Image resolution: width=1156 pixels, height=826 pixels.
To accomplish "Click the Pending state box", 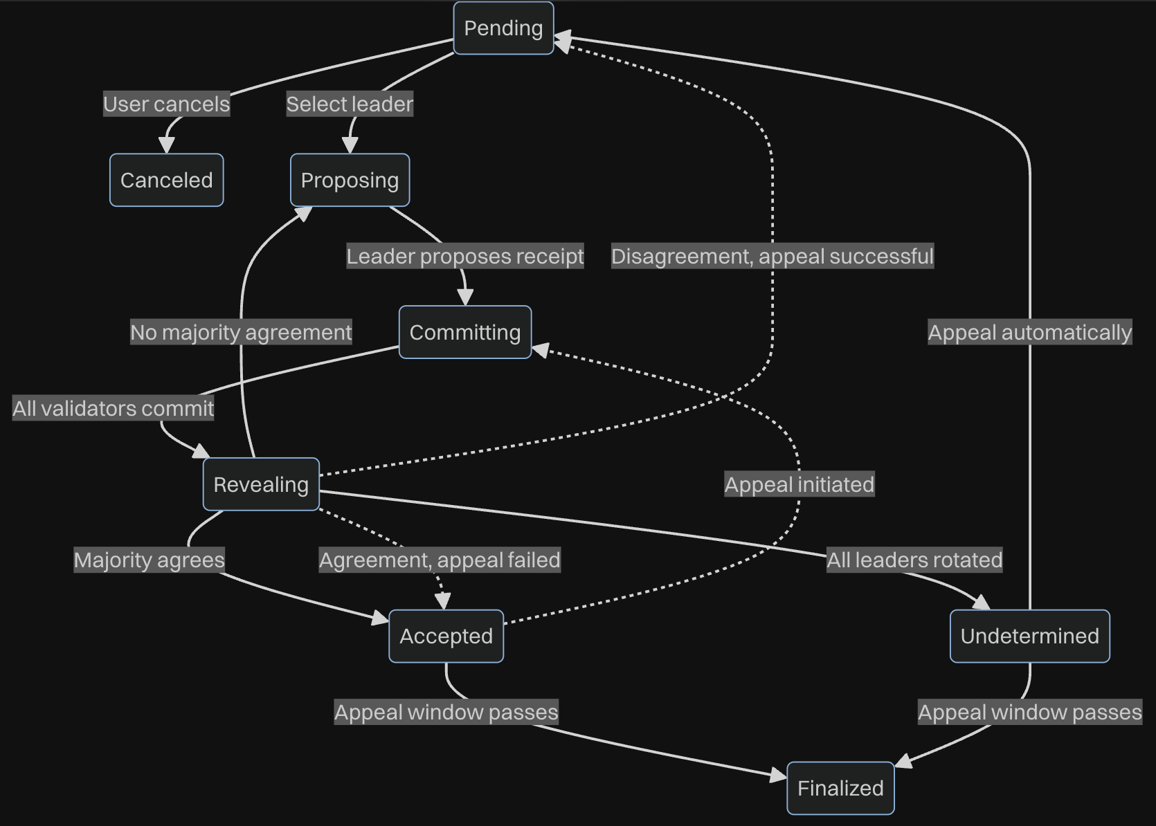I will (503, 28).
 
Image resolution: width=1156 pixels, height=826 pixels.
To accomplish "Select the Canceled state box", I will (166, 180).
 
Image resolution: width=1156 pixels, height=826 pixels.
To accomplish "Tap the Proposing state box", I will (350, 180).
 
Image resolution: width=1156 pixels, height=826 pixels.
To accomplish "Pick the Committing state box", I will (464, 332).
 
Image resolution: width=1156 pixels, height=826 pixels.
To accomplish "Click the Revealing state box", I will (261, 484).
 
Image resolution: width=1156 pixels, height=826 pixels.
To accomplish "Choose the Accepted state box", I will (446, 636).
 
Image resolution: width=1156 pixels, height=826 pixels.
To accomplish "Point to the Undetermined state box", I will (1029, 636).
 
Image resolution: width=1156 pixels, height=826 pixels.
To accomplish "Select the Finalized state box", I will (840, 788).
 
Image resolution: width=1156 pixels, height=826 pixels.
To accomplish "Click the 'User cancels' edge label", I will (166, 104).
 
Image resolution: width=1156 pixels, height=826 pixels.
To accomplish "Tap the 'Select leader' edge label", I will (350, 104).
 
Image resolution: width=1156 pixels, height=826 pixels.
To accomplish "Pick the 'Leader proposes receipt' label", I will (465, 256).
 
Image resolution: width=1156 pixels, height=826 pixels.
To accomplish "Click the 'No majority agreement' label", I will (241, 332).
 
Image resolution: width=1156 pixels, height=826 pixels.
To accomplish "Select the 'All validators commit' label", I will (114, 408).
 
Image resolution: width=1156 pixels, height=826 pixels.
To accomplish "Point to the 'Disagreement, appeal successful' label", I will (773, 256).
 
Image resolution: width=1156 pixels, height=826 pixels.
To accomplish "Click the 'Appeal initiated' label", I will (800, 484).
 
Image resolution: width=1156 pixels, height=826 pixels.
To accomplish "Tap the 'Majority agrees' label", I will (150, 560).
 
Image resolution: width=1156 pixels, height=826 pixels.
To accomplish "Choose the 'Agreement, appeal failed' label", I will (440, 560).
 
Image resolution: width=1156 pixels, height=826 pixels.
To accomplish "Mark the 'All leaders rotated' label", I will (914, 560).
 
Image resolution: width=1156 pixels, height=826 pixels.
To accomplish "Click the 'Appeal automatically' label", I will (1029, 332).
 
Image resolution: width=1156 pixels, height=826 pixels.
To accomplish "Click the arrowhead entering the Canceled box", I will (166, 145).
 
